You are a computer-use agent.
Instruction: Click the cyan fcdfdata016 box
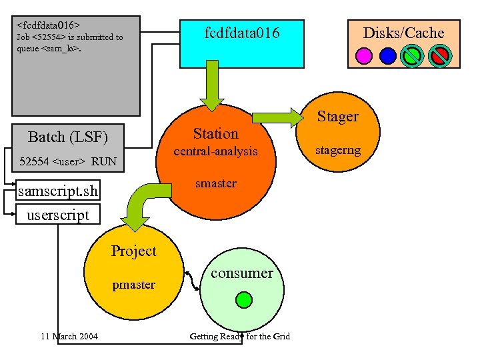[242, 41]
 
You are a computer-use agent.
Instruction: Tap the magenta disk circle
[364, 55]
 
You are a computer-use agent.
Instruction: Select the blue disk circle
[387, 55]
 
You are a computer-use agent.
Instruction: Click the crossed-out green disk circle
[413, 55]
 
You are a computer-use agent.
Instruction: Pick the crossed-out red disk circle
[439, 55]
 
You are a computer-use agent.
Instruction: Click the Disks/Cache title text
[403, 33]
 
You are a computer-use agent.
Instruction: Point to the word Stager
[337, 117]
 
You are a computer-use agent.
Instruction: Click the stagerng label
[338, 150]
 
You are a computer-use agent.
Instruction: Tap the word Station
[215, 133]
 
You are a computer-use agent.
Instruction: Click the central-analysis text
[215, 151]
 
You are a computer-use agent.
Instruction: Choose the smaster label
[215, 183]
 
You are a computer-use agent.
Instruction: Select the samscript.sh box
[58, 192]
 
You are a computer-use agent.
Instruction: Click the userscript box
[57, 215]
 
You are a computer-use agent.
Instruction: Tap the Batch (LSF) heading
[67, 137]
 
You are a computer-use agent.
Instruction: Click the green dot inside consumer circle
[245, 299]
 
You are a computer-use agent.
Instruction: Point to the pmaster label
[133, 285]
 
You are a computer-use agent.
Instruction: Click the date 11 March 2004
[69, 336]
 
